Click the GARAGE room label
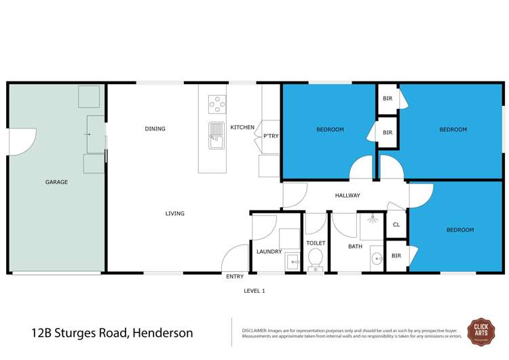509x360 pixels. tap(56, 182)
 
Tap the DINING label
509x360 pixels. tap(155, 129)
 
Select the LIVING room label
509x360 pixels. tap(174, 214)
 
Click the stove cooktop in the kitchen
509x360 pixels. tap(217, 105)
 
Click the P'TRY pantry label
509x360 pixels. tap(271, 137)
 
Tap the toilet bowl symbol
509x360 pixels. tap(316, 258)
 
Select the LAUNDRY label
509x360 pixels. tap(269, 252)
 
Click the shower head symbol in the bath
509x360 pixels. tap(372, 219)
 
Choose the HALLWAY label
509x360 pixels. tap(347, 196)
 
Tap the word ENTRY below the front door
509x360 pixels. tap(235, 277)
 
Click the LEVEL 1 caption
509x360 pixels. tap(254, 291)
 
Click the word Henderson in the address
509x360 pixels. tap(163, 333)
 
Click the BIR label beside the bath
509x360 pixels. tap(396, 257)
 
